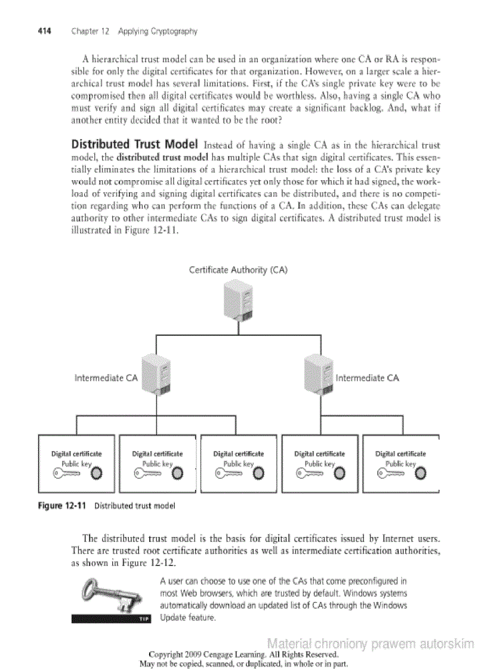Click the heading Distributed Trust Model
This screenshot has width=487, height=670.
(134, 145)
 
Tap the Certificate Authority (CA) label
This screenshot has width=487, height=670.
(238, 270)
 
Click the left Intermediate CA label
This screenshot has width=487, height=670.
(106, 378)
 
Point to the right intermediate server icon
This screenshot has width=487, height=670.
(319, 373)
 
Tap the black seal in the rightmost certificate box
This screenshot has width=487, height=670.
(421, 474)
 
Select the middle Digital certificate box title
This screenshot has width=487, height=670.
(239, 453)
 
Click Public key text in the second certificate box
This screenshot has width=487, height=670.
(157, 463)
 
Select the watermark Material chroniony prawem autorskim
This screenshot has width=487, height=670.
(371, 644)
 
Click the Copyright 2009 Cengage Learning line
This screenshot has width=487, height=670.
(243, 654)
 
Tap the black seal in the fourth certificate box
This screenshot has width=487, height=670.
(340, 474)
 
